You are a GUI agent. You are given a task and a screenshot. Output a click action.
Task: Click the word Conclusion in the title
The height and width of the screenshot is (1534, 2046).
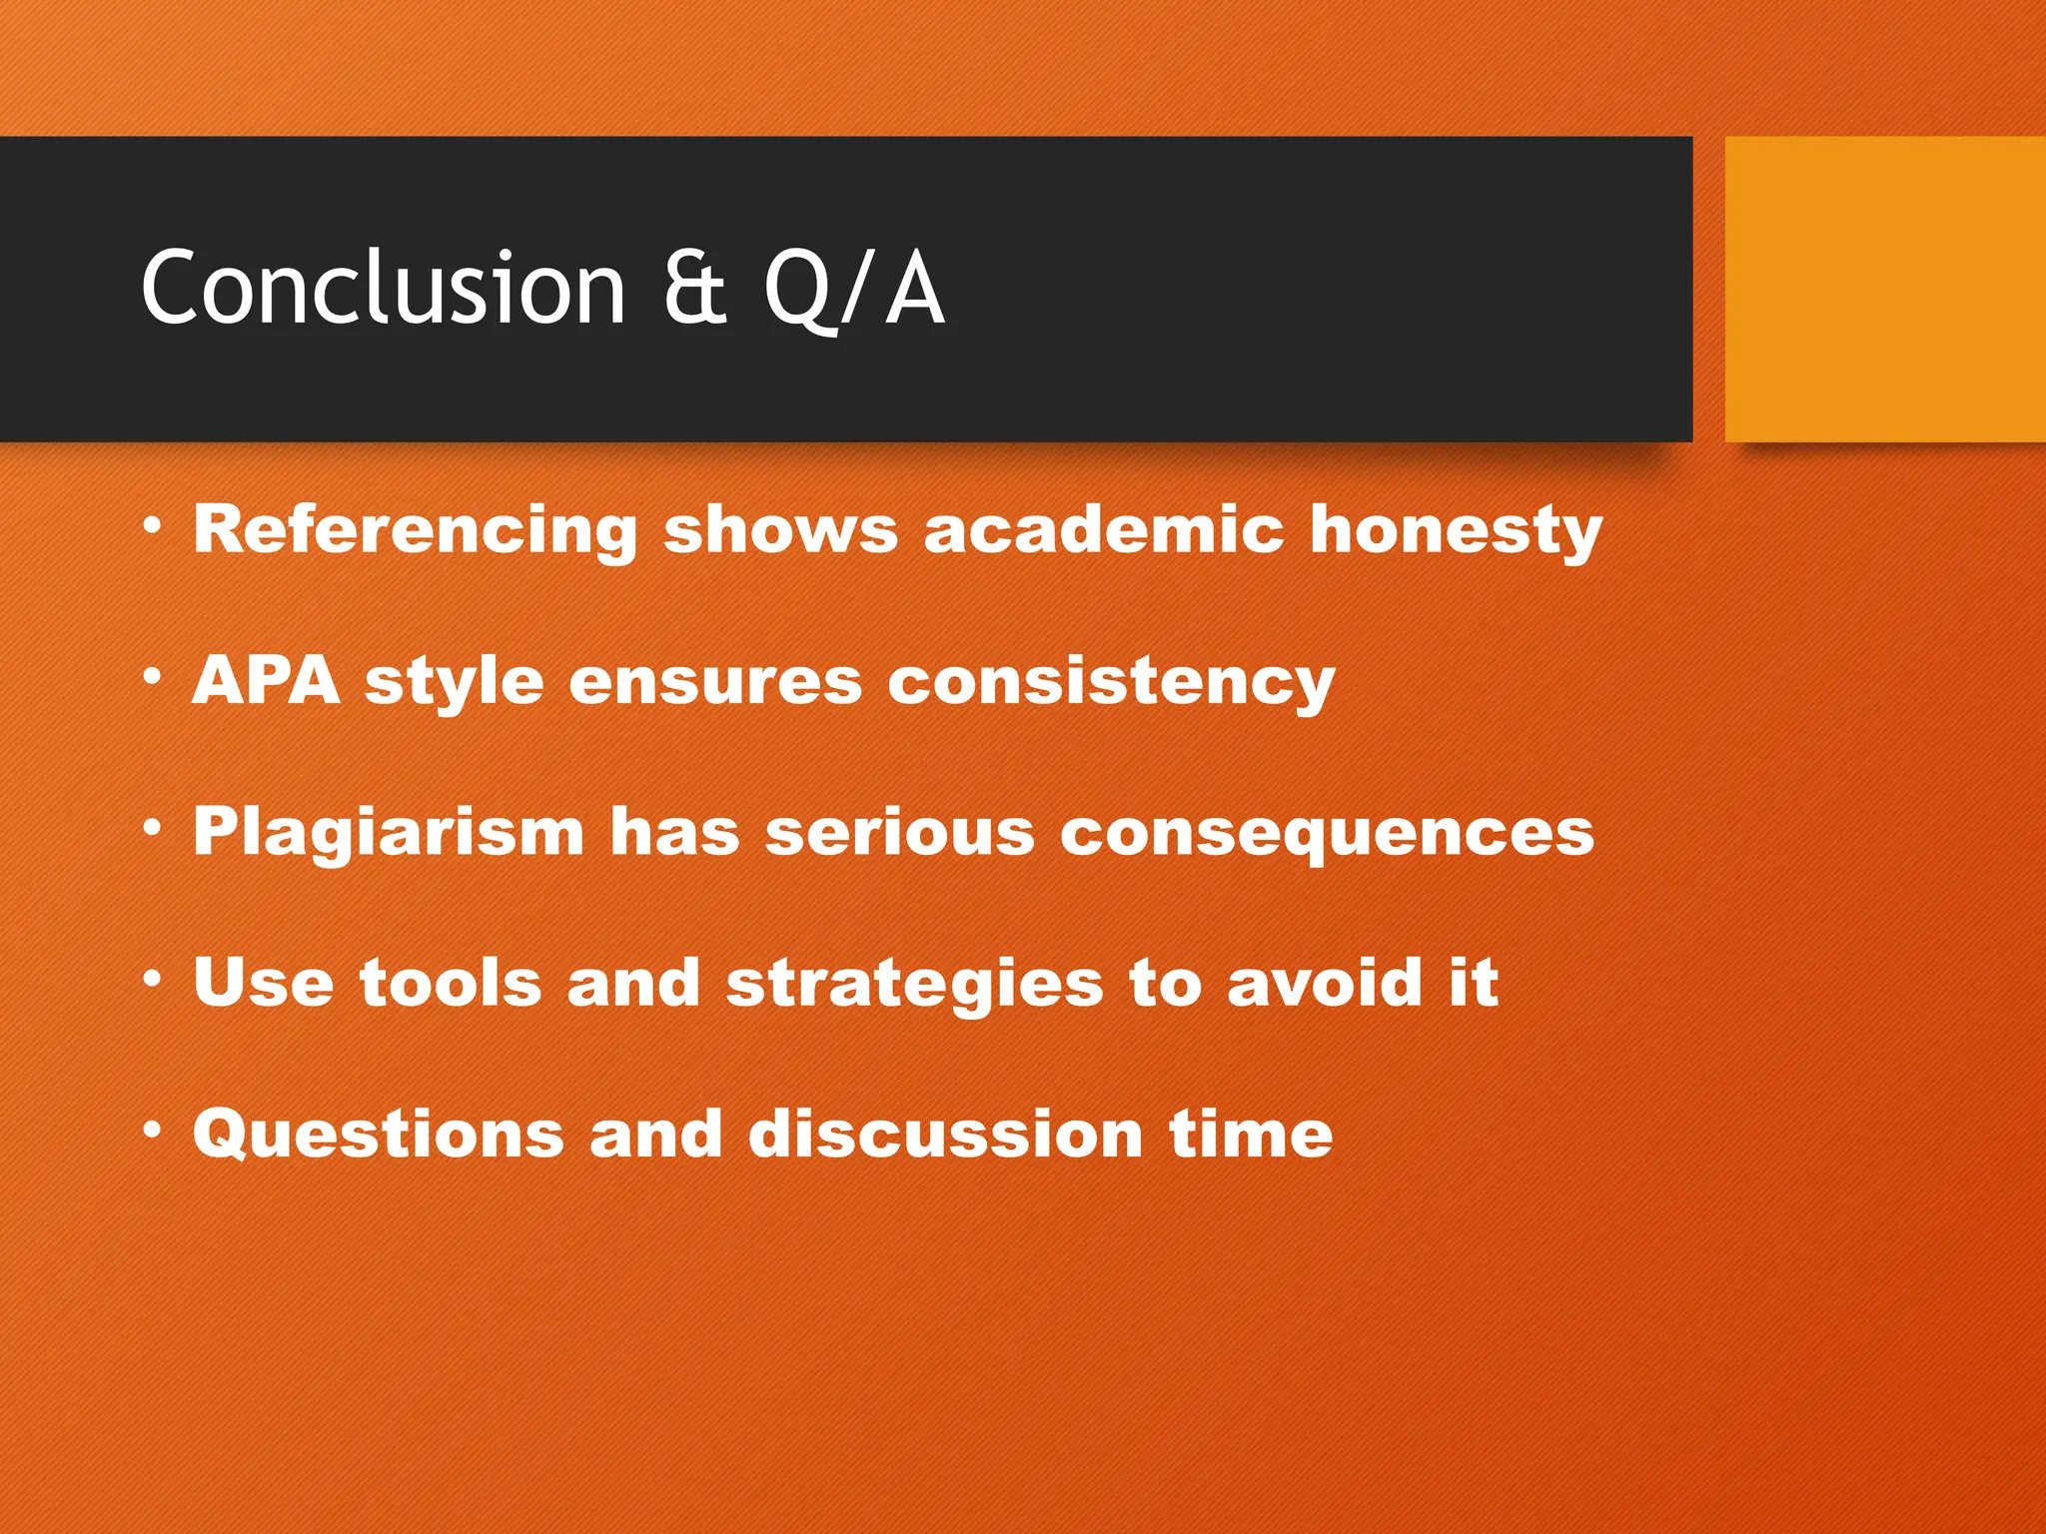[383, 288]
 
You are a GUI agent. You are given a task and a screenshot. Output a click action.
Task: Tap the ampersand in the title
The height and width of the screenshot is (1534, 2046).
[694, 288]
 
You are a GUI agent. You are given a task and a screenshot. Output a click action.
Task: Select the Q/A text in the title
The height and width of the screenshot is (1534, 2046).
[854, 290]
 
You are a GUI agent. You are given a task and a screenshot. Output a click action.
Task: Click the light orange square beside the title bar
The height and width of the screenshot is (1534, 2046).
[1884, 290]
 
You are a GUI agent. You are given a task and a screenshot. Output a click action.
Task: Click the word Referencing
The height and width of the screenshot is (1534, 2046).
[415, 529]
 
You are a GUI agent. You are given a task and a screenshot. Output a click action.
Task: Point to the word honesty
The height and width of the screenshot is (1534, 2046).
[1456, 529]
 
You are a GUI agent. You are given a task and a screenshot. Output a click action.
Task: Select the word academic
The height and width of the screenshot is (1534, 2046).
[1103, 529]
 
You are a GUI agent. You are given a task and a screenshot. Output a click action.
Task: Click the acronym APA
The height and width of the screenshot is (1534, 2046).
[266, 681]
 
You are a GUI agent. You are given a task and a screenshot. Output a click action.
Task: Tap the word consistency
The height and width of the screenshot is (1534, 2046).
[1110, 683]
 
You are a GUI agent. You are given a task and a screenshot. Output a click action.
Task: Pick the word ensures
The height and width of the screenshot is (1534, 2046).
[714, 681]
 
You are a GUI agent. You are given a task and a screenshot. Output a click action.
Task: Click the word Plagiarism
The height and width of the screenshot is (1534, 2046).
[389, 833]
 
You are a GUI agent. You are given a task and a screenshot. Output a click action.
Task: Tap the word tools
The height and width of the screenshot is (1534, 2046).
[451, 983]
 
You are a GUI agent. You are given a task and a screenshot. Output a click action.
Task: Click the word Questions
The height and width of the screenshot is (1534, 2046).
[379, 1136]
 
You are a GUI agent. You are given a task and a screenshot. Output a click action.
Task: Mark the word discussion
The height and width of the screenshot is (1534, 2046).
[945, 1135]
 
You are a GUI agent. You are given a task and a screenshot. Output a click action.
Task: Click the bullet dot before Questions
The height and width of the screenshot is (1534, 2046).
[152, 1131]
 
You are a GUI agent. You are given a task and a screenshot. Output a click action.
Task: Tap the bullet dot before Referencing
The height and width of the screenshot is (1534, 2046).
[152, 525]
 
